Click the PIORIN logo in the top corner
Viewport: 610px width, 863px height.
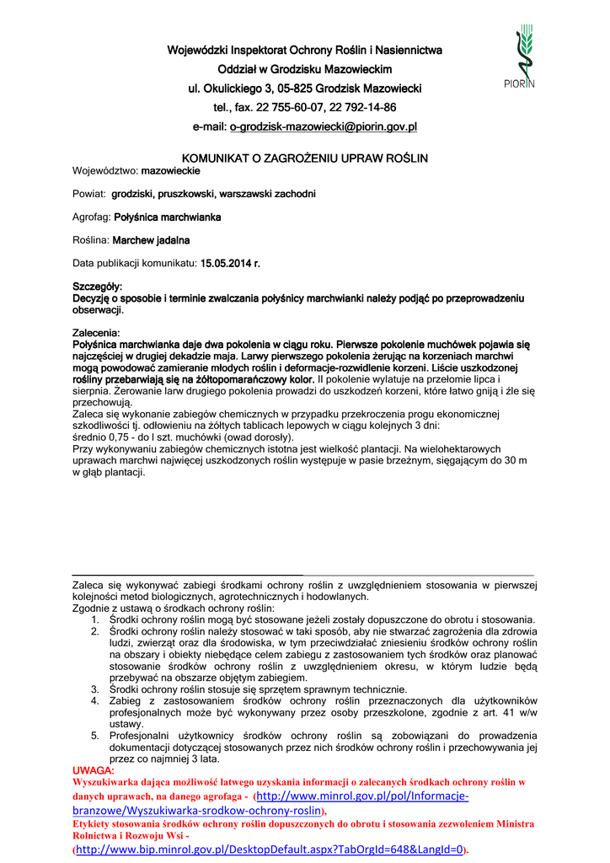525,57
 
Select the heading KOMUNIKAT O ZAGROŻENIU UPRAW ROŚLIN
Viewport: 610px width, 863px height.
305,158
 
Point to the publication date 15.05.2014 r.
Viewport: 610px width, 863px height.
230,264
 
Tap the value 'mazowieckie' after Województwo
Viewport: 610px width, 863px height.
170,170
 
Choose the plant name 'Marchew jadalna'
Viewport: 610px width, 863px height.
157,240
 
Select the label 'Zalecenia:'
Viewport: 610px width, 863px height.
96,334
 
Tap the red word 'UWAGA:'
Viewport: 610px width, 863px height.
94,770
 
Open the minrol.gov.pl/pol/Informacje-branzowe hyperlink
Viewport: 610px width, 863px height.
362,796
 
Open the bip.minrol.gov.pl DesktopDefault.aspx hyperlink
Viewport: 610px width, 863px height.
270,850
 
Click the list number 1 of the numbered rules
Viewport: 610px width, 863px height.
95,619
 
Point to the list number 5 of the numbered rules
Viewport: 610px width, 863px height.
95,735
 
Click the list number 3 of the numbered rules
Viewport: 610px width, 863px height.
95,689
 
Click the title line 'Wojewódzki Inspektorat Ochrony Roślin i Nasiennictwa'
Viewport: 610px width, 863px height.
304,51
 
